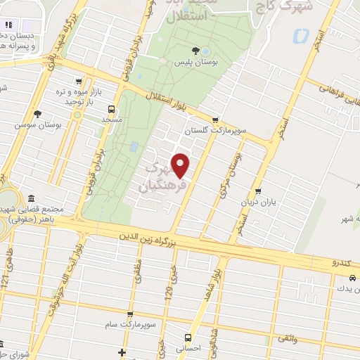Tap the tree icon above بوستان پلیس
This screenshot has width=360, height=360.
point(196,51)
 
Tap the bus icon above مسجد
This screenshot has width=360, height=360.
point(111,109)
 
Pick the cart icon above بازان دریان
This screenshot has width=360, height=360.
point(259,191)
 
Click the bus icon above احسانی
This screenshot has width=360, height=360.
point(187,337)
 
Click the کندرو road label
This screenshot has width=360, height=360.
point(344,263)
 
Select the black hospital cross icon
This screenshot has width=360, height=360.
point(122,352)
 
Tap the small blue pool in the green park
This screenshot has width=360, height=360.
point(134,147)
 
